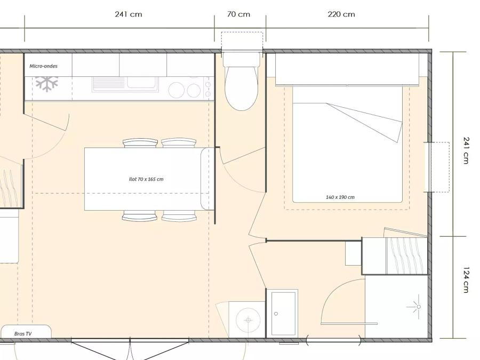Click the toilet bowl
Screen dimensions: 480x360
click(242, 88)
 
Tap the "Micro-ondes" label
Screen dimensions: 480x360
click(44, 66)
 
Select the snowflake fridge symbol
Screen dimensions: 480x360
click(46, 84)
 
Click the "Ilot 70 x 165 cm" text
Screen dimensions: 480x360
click(146, 179)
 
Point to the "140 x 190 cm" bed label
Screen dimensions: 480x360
click(340, 197)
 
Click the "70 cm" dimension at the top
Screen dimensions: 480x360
click(238, 14)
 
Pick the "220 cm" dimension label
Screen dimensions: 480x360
click(341, 14)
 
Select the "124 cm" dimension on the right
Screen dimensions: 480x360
click(466, 280)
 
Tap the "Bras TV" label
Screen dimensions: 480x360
click(23, 334)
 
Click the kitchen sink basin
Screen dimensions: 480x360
click(142, 82)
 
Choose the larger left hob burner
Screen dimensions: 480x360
click(177, 90)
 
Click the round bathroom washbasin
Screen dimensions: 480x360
click(248, 320)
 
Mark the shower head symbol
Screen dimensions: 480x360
click(417, 307)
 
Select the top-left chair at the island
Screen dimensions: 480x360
click(140, 143)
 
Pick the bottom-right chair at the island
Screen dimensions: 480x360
click(179, 216)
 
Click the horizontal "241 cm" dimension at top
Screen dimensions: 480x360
click(129, 14)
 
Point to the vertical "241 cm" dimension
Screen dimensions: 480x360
click(466, 150)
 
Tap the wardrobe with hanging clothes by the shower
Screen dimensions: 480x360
click(395, 256)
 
